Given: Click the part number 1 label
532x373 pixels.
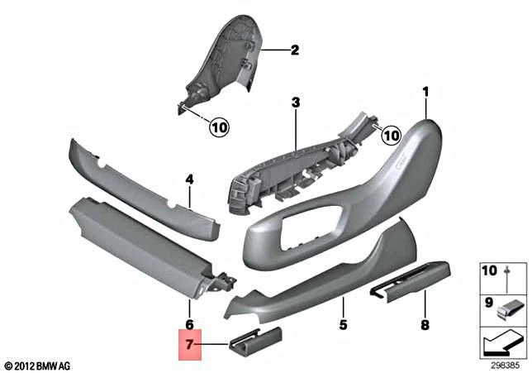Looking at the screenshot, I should (x=427, y=91).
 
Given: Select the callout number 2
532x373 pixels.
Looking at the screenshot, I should (x=294, y=50).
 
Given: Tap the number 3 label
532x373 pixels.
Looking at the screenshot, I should (x=295, y=103).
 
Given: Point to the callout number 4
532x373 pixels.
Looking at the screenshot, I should (x=189, y=179).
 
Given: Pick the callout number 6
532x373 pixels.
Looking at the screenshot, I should (x=189, y=325).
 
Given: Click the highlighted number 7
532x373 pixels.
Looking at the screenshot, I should (x=189, y=342).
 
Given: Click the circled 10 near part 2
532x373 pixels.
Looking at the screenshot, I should (x=218, y=127).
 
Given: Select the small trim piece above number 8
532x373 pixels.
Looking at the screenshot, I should (x=410, y=282).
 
